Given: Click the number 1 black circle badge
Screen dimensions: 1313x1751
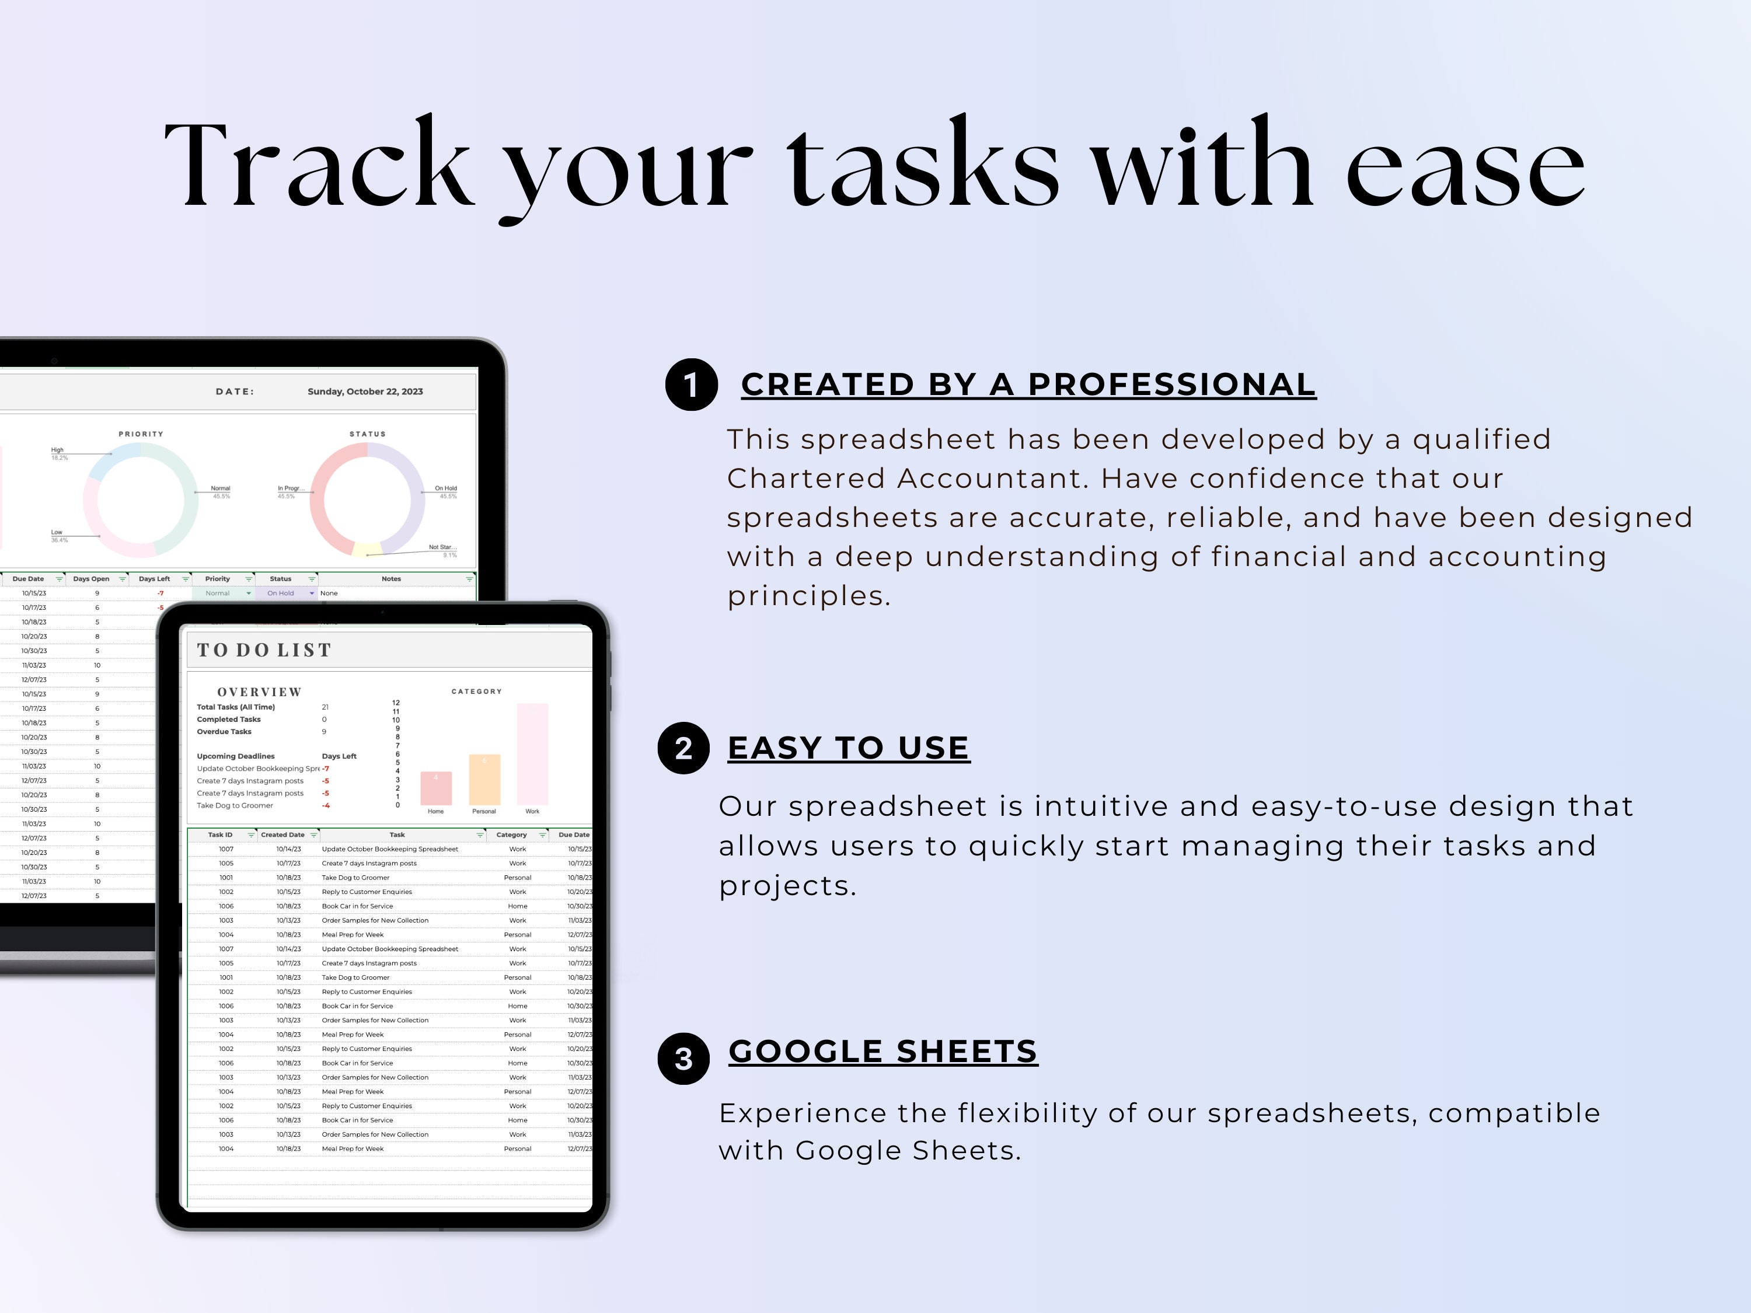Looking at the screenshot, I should point(691,385).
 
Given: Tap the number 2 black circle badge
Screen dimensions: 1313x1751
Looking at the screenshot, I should point(683,748).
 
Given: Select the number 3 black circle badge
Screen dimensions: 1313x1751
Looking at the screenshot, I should point(683,1058).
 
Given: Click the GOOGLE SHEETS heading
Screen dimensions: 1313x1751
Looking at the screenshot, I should point(883,1052).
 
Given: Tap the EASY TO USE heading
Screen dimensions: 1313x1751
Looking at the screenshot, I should point(848,748).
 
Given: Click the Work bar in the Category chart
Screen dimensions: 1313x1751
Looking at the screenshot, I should point(532,754).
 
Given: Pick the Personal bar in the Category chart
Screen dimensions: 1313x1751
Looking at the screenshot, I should point(484,780).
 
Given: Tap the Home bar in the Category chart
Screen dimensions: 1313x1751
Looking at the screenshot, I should point(435,788).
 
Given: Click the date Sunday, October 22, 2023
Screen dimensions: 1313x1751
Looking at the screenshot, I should point(365,392).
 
